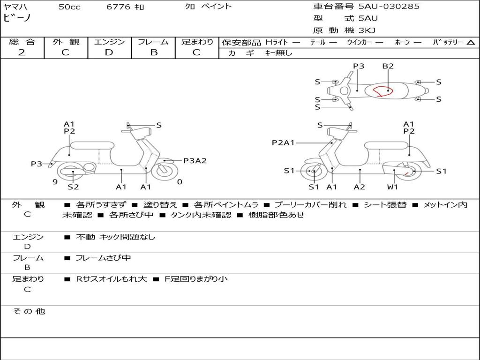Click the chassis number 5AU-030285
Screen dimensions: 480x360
[x=389, y=7]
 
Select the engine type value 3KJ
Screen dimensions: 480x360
[x=368, y=30]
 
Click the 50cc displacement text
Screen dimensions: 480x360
[x=69, y=7]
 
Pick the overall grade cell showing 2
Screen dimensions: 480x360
[x=22, y=52]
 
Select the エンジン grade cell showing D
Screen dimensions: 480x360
[x=109, y=52]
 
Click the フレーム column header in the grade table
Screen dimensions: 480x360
[x=153, y=42]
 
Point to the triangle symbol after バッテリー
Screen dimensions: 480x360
[x=471, y=42]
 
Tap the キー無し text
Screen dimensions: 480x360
[x=278, y=53]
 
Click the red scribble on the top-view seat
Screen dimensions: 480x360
[x=382, y=90]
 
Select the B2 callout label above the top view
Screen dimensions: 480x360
[x=388, y=66]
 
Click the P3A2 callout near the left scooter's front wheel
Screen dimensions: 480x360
[x=195, y=161]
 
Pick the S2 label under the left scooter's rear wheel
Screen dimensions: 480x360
[x=73, y=187]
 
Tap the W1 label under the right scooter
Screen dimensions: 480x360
[x=392, y=187]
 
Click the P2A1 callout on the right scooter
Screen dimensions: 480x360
[x=283, y=143]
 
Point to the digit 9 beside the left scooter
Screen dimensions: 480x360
[x=55, y=182]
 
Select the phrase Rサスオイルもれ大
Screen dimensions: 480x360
[x=112, y=279]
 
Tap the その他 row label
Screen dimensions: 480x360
[x=28, y=311]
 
